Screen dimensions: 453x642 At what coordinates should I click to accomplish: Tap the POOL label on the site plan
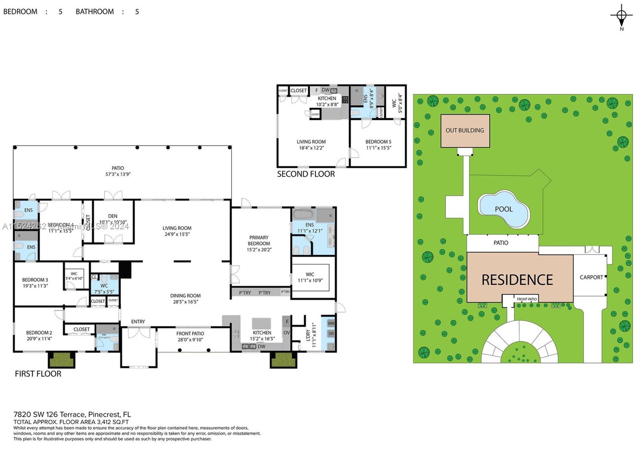click(504, 209)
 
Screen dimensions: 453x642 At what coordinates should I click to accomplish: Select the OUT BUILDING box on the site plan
click(465, 131)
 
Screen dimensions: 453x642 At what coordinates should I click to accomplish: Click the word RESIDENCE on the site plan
click(517, 280)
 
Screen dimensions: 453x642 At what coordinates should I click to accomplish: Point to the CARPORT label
click(591, 277)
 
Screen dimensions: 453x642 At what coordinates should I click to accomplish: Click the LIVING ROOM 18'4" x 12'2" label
click(311, 145)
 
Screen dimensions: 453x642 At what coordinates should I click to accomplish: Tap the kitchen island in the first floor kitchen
click(261, 323)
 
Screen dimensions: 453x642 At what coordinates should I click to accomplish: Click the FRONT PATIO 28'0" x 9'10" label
click(190, 336)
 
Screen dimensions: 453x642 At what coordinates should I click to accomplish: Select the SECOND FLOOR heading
click(306, 174)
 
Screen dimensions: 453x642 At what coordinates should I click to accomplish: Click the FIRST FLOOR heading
click(38, 374)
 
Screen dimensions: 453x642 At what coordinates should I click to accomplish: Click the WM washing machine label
click(331, 323)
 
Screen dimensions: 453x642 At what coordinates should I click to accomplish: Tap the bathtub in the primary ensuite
click(304, 214)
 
